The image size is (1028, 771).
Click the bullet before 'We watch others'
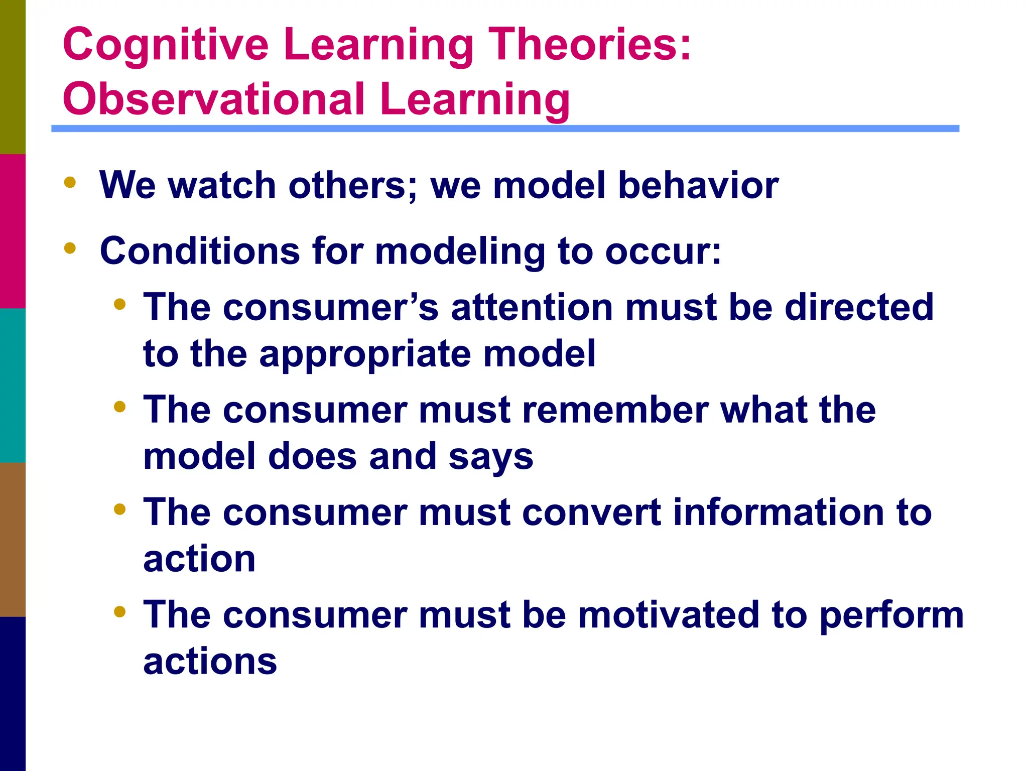click(x=70, y=182)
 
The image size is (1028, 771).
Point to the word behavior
click(x=698, y=185)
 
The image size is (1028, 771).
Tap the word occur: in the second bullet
click(x=663, y=251)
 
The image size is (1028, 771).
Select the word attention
click(x=532, y=307)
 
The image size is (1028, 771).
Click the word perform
click(x=891, y=616)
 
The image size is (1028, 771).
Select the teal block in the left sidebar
click(x=13, y=385)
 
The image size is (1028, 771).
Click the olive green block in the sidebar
click(x=13, y=77)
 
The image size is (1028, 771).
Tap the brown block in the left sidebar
click(x=13, y=539)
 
